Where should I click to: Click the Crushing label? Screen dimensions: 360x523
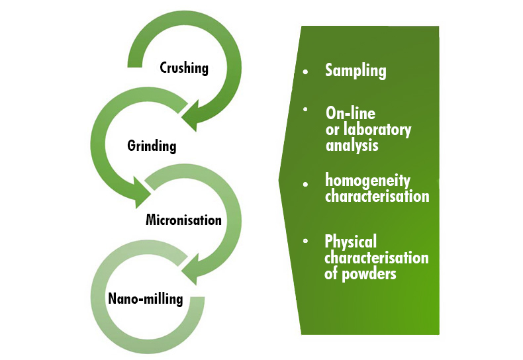click(x=184, y=67)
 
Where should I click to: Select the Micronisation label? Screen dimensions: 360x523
click(x=183, y=220)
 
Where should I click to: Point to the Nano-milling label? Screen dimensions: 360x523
click(x=145, y=298)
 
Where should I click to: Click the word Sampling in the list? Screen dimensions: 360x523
click(x=356, y=71)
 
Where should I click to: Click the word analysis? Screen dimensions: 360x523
click(x=352, y=145)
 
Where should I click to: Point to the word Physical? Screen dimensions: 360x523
click(x=350, y=241)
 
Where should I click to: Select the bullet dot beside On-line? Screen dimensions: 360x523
click(x=305, y=109)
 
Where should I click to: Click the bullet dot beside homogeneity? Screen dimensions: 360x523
click(x=305, y=183)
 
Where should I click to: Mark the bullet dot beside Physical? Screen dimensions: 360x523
click(x=305, y=241)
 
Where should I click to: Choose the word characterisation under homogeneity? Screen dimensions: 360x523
click(x=377, y=197)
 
